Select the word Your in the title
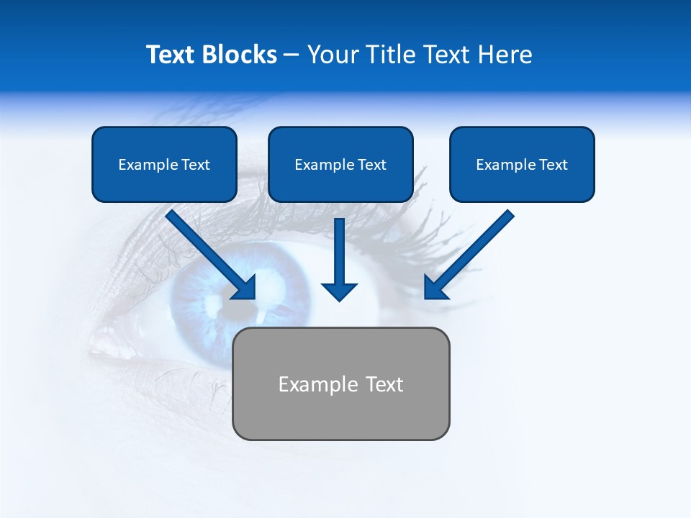pos(333,55)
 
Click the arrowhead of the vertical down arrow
pos(339,291)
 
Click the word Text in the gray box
pos(384,384)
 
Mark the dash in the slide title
pos(292,55)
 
